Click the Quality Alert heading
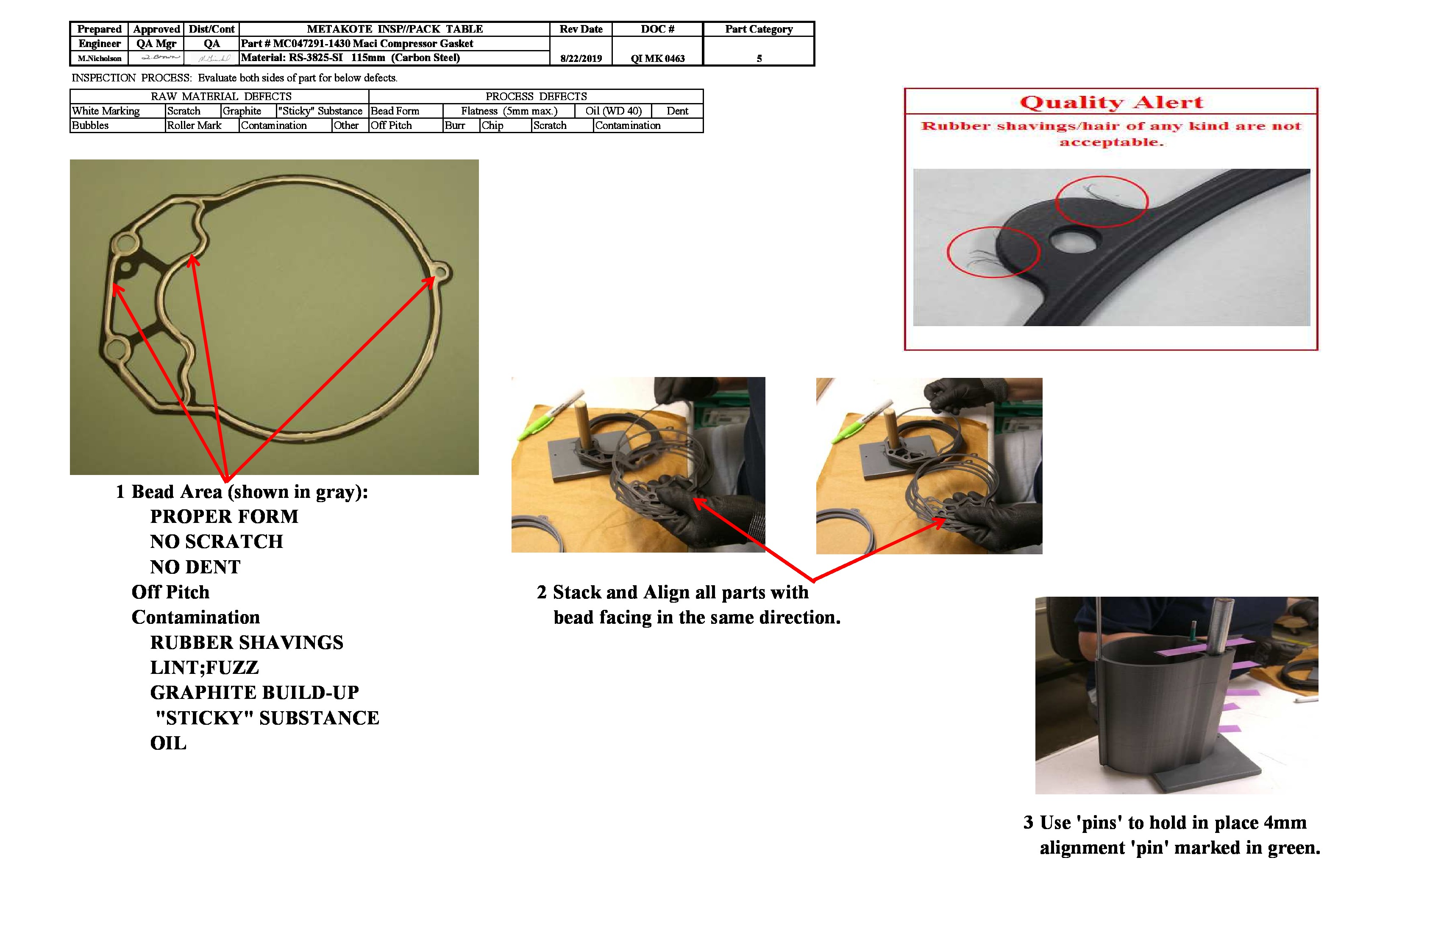(x=1110, y=102)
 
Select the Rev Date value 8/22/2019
(x=581, y=58)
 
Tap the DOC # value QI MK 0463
(x=657, y=58)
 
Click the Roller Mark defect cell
(x=195, y=126)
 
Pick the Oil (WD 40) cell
(x=613, y=111)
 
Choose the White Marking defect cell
(x=106, y=111)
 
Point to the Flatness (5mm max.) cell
(x=509, y=111)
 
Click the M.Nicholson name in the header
(x=99, y=58)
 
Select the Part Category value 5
(x=759, y=58)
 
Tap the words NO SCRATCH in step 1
(x=216, y=541)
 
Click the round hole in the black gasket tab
(x=1074, y=242)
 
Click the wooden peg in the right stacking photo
(x=890, y=427)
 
